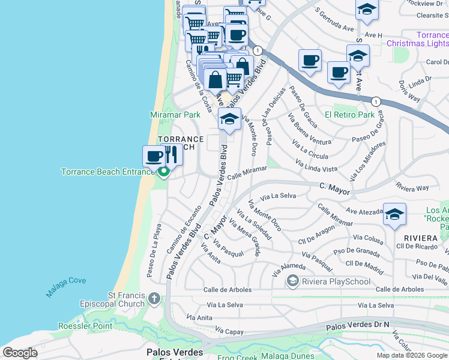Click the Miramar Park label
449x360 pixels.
tap(175, 114)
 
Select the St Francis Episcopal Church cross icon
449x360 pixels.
tap(154, 299)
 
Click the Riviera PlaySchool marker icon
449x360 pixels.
tap(293, 280)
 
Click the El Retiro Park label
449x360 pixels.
tap(349, 115)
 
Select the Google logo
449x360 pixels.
tap(20, 353)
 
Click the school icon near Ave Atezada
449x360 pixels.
tap(394, 214)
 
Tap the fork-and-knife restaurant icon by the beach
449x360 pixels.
tap(172, 155)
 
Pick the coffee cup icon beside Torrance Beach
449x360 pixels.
tap(154, 157)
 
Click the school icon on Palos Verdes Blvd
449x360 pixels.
tap(229, 119)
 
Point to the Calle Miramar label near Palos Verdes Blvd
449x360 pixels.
tap(247, 172)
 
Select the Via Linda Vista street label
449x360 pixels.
tap(316, 166)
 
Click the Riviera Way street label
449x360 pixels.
tap(413, 188)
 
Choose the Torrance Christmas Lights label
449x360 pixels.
tap(418, 39)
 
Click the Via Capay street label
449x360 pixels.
tap(228, 331)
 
